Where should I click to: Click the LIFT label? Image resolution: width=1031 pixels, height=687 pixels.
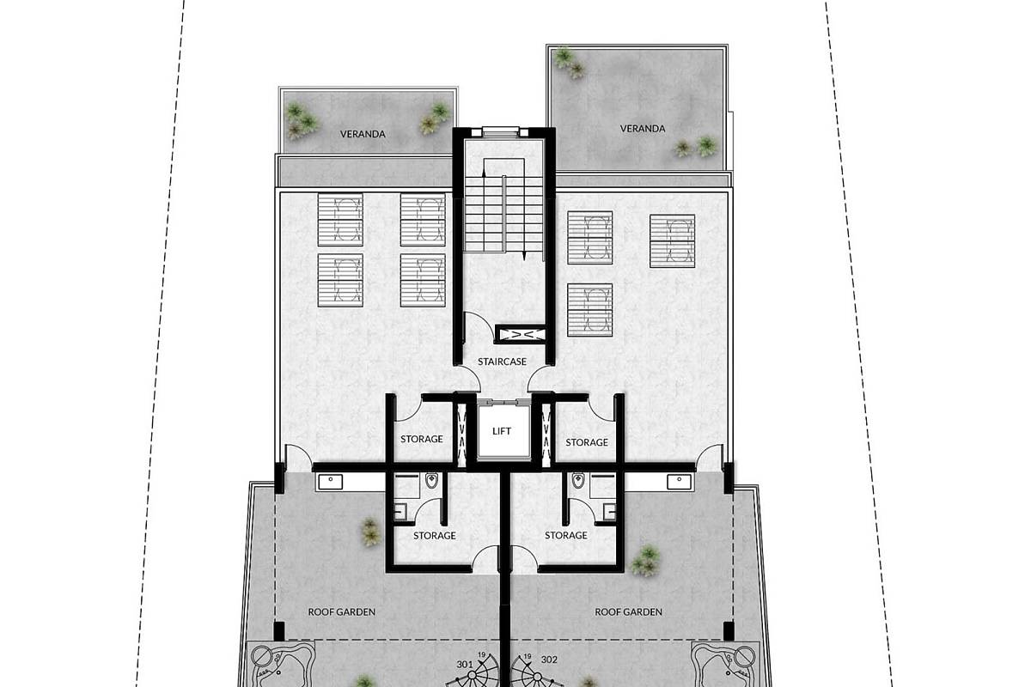[x=501, y=431]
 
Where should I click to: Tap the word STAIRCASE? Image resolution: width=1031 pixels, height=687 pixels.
[x=502, y=362]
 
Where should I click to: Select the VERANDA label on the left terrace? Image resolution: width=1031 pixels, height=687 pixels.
[x=363, y=134]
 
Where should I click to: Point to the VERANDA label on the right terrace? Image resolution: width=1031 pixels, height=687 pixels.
[x=643, y=129]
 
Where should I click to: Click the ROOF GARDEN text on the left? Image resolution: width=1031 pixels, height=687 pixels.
[x=342, y=612]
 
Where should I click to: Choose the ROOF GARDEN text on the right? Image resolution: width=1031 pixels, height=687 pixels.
[x=628, y=612]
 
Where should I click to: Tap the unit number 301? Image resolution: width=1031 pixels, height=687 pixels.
[x=465, y=664]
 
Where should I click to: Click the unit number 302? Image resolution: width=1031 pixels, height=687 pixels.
[x=549, y=660]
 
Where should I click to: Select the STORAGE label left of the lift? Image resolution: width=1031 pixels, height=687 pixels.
[x=422, y=439]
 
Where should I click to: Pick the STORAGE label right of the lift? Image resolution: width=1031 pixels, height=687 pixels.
[x=587, y=442]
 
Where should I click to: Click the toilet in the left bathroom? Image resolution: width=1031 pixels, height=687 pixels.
[x=431, y=481]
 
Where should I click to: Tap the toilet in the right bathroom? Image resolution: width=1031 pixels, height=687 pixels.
[x=577, y=481]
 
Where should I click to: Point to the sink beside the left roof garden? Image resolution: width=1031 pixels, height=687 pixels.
[x=330, y=482]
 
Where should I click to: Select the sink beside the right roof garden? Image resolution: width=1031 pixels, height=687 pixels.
[x=680, y=482]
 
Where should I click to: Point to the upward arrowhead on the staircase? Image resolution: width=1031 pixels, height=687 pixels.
[x=484, y=172]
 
